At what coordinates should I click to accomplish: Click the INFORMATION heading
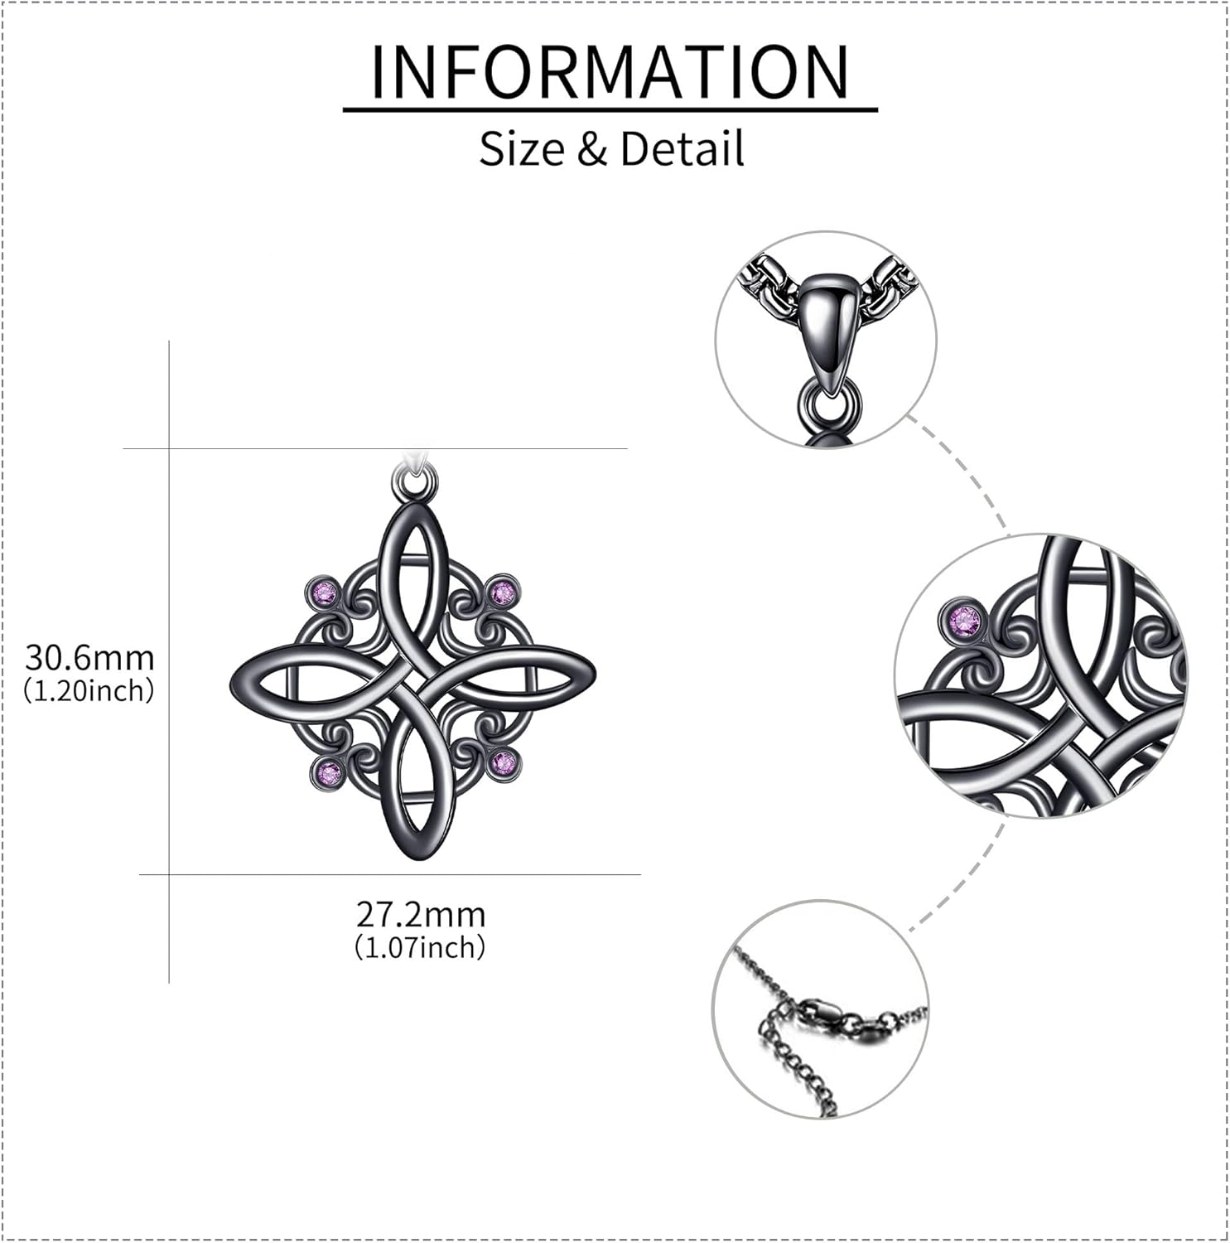coord(610,72)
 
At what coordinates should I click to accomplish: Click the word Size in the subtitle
coord(522,149)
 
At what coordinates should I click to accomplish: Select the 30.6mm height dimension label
coord(89,658)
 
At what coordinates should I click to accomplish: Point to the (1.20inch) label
coord(89,690)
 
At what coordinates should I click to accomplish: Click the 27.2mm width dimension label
coord(421,915)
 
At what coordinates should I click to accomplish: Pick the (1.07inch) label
coord(421,946)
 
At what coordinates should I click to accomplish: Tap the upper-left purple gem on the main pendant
coord(326,592)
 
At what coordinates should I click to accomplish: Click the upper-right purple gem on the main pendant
coord(503,592)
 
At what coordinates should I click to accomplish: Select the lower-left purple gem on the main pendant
coord(329,773)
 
